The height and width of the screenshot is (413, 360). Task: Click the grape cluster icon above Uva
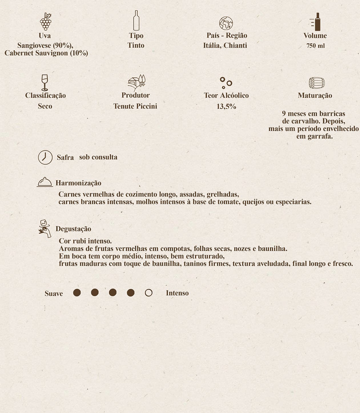click(45, 21)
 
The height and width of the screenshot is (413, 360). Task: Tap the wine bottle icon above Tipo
click(136, 21)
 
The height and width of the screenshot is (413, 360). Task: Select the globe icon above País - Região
click(226, 23)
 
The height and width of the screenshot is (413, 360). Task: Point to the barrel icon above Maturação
click(317, 83)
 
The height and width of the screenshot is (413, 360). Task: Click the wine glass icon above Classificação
click(45, 82)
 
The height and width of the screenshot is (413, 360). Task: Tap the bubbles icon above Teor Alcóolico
click(226, 83)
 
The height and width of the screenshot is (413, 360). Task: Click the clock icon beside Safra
click(45, 157)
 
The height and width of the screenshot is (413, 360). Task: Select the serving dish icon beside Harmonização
click(45, 182)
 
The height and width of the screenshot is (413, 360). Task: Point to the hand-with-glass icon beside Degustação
click(45, 228)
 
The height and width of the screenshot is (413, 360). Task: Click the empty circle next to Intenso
click(148, 293)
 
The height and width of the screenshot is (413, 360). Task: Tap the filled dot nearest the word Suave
click(77, 293)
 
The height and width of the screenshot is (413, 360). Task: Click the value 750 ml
click(315, 46)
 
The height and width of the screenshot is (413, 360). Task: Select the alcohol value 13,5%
click(226, 106)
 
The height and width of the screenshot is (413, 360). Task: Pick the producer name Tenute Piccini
click(135, 106)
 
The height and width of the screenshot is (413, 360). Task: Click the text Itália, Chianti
click(225, 45)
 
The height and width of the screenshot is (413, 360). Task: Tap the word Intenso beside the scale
click(177, 293)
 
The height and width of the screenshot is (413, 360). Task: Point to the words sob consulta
click(98, 157)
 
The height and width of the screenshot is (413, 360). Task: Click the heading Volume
click(315, 36)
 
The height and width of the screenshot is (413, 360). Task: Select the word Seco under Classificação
click(45, 106)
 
